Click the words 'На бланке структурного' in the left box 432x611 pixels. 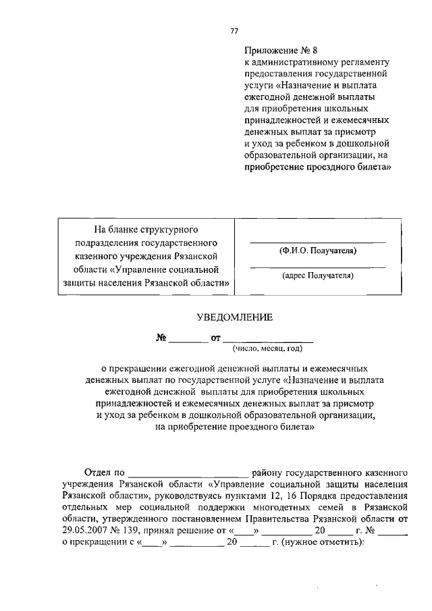click(146, 230)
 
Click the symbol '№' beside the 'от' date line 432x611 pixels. click(161, 338)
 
